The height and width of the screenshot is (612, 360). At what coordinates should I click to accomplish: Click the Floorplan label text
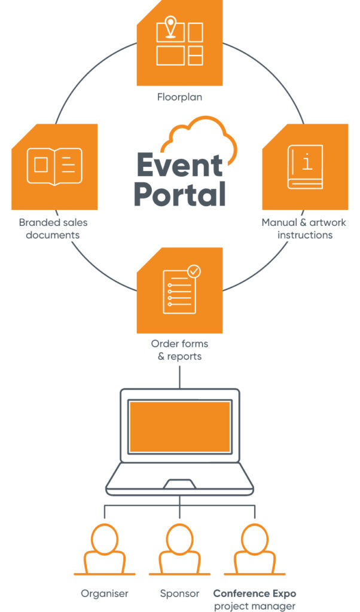[179, 96]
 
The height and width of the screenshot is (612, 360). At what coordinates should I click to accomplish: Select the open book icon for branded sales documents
[54, 166]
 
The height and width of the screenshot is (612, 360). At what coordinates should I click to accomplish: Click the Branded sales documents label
[53, 228]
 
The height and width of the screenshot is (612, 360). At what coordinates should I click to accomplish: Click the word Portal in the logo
[179, 194]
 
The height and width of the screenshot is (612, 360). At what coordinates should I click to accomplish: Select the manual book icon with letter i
[305, 166]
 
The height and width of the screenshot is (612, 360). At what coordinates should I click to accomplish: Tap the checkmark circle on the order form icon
[194, 272]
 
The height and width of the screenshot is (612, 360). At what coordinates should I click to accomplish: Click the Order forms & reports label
[179, 350]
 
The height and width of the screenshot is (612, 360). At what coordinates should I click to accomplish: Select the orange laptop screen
[180, 426]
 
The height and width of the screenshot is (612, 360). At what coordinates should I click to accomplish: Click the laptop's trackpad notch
[180, 483]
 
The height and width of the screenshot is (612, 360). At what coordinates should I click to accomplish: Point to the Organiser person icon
[104, 549]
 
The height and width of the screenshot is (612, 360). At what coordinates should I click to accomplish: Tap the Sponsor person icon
[179, 549]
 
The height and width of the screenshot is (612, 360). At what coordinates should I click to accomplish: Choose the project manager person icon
[255, 549]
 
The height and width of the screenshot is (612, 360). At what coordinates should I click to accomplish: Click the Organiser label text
[104, 593]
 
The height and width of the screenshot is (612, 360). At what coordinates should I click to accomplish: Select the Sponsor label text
[179, 593]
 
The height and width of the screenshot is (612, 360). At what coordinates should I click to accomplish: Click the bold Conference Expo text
[255, 593]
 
